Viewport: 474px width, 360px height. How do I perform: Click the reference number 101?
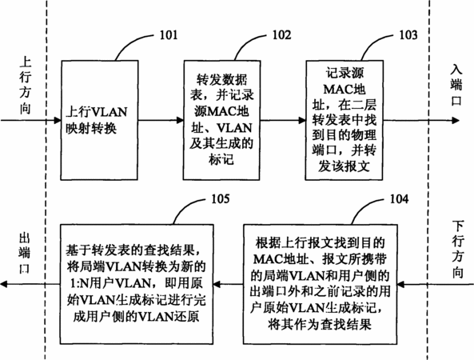point(169,35)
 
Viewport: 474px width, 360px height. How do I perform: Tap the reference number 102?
point(281,35)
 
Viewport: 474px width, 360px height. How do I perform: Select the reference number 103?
point(408,35)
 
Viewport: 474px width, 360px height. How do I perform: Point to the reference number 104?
point(399,199)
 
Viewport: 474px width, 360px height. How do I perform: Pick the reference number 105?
point(220,198)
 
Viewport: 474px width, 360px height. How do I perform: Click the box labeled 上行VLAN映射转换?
point(99,120)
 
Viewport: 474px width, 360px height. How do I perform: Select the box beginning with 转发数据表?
point(222,120)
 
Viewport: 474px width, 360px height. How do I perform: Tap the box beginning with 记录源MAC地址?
point(345,120)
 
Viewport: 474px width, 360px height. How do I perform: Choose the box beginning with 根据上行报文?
point(321,284)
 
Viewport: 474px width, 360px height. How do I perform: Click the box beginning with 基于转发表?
point(137,284)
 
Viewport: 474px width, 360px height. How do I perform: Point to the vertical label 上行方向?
point(26,86)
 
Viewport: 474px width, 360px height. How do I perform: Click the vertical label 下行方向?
point(458,250)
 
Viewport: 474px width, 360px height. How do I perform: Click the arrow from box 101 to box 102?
point(161,121)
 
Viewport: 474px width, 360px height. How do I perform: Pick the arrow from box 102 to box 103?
point(283,121)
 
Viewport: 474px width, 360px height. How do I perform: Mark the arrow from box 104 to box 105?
point(229,284)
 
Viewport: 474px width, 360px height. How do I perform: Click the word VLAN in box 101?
point(110,112)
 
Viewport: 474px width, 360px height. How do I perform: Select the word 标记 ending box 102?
point(221,159)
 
